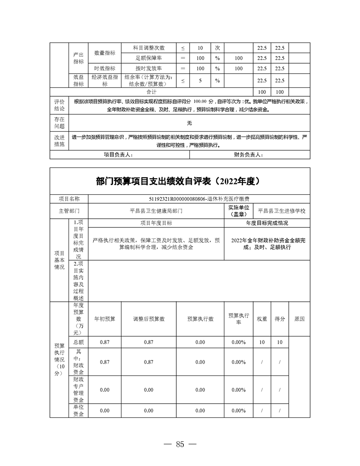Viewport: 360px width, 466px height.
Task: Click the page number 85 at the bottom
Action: click(x=179, y=444)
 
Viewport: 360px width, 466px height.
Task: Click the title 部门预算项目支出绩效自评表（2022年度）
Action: click(x=180, y=181)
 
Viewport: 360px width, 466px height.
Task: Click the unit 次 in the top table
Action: click(x=217, y=48)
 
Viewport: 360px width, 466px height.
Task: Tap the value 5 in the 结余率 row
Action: click(x=200, y=80)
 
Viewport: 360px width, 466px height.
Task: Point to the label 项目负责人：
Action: click(x=118, y=155)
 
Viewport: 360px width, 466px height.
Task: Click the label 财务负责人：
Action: click(x=249, y=155)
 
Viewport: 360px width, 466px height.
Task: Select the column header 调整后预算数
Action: click(x=148, y=319)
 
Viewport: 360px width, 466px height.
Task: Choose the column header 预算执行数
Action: click(x=200, y=319)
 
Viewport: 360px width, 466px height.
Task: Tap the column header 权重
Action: click(x=262, y=319)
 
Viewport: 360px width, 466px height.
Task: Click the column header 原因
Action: click(x=299, y=319)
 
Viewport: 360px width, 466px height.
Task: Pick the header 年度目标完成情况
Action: click(x=267, y=224)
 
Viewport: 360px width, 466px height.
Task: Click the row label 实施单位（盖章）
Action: click(x=239, y=211)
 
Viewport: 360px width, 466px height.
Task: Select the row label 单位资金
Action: click(x=79, y=410)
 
